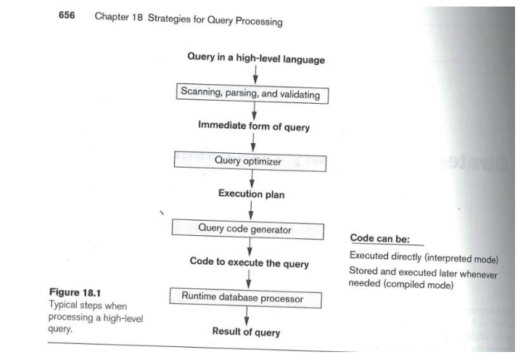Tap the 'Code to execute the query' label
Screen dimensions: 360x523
point(249,263)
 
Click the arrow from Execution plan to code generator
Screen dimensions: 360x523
point(249,210)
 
